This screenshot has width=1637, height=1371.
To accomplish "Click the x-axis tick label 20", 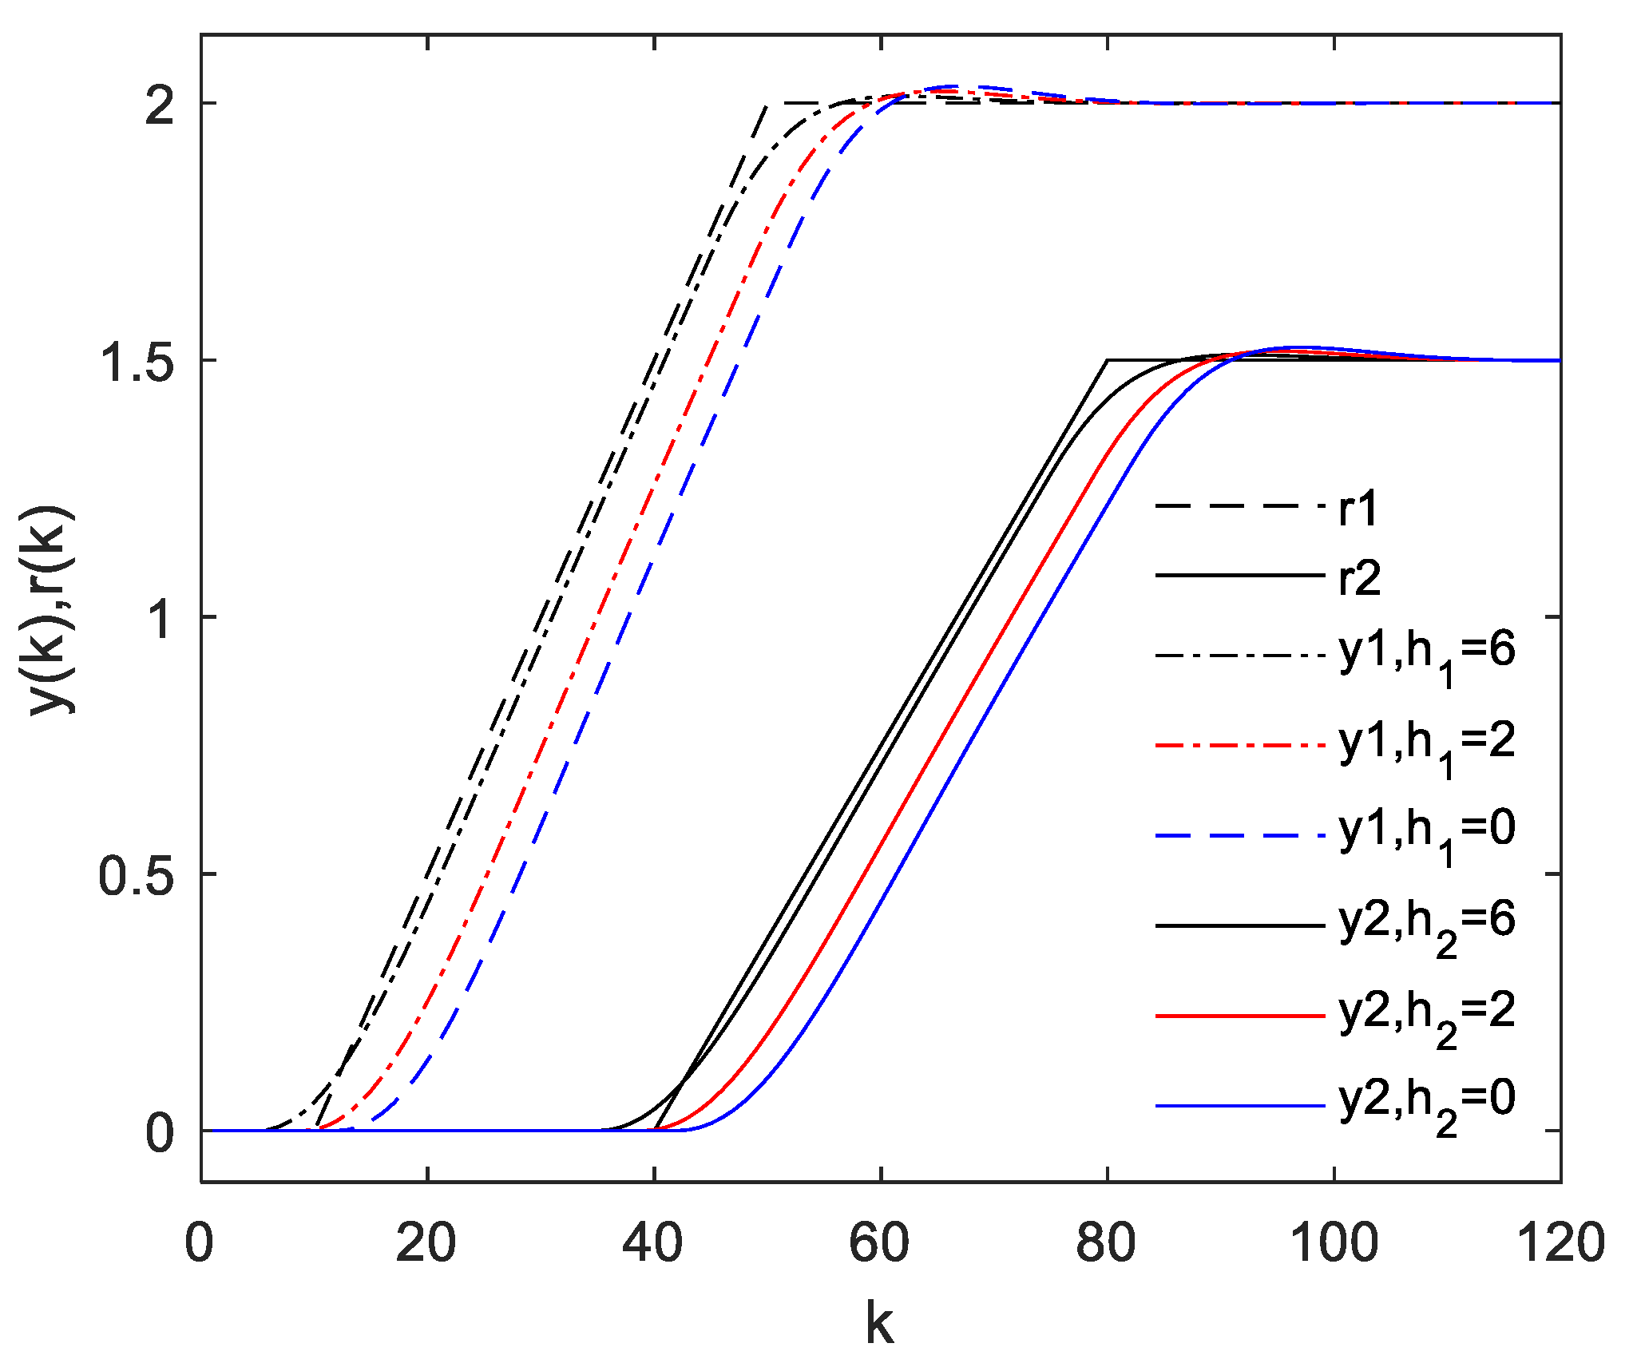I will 426,1244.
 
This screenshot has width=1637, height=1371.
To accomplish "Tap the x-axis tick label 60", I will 879,1244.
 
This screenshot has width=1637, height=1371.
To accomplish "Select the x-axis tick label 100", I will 1334,1244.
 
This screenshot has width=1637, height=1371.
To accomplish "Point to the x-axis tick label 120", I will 1560,1244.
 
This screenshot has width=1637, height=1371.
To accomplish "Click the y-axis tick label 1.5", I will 134,361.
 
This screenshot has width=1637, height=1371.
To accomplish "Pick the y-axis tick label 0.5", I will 134,875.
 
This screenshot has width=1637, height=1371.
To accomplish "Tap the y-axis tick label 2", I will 159,105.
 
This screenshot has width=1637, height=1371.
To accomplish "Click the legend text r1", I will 1358,509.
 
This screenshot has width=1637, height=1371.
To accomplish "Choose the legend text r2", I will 1359,578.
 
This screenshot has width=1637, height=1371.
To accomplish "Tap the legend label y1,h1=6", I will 1427,656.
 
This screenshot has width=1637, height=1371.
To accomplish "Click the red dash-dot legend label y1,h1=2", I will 1427,747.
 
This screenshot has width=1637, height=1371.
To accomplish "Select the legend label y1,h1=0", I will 1427,835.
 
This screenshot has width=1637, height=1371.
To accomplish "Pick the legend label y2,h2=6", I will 1427,926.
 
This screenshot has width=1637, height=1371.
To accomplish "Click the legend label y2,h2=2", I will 1427,1017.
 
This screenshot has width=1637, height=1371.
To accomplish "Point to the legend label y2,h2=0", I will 1427,1105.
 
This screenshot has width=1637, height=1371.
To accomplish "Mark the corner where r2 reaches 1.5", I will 1108,360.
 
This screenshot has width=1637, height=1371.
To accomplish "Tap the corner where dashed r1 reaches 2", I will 767,104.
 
